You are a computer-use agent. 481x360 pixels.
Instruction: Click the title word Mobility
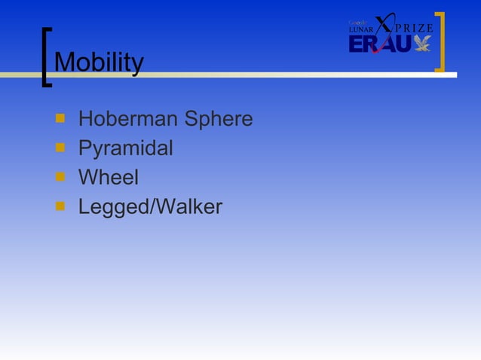(x=99, y=63)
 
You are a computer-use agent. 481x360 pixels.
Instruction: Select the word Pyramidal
(x=125, y=149)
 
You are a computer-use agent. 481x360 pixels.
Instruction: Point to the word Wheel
(x=109, y=178)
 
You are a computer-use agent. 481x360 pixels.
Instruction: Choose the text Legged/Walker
(x=150, y=207)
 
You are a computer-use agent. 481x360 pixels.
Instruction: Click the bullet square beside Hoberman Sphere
(x=60, y=119)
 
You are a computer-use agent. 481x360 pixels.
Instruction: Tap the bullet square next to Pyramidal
(x=60, y=148)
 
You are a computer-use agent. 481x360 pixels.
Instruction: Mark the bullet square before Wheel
(x=60, y=178)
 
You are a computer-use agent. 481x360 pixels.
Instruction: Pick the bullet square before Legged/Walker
(x=60, y=206)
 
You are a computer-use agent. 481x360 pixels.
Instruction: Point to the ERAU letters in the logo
(x=380, y=45)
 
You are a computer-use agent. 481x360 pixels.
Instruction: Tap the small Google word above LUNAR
(x=357, y=23)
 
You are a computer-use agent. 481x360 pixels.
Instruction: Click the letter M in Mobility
(x=64, y=63)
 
